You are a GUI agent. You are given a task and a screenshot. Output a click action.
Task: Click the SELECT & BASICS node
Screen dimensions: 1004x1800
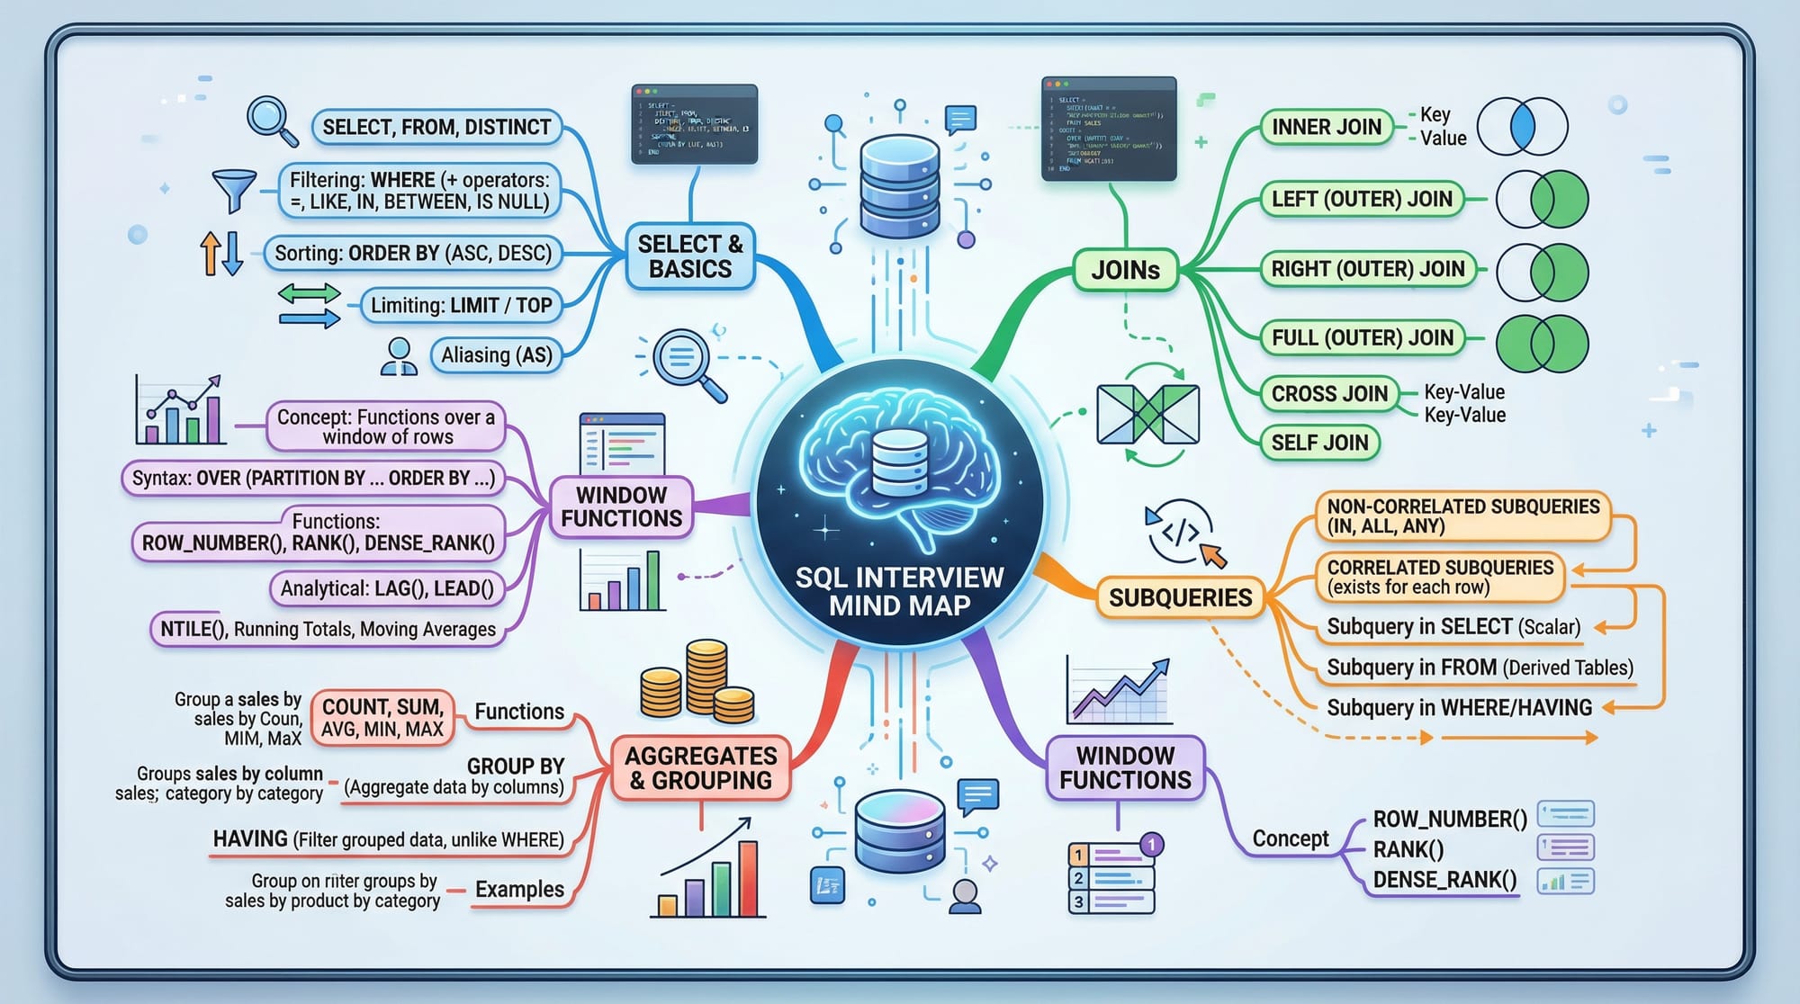coord(690,256)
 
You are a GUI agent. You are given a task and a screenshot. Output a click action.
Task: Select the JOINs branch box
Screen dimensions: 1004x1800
coord(1125,270)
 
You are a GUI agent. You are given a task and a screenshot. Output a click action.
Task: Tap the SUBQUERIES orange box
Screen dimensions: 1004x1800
coord(1180,597)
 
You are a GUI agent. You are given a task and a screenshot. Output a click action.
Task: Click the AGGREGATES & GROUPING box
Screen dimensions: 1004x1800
coord(701,768)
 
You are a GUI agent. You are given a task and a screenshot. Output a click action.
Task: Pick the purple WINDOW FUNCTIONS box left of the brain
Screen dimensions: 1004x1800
coord(621,507)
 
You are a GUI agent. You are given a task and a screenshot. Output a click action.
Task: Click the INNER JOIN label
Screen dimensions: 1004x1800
coord(1326,127)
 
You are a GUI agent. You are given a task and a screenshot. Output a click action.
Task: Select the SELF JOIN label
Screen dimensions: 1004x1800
coord(1319,443)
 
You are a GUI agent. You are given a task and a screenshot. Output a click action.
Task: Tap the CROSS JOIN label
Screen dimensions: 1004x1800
coord(1329,393)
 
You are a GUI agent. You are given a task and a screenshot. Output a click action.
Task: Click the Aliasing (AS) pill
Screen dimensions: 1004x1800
coord(496,355)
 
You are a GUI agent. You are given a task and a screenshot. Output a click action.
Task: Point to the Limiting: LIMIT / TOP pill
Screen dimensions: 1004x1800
coord(461,305)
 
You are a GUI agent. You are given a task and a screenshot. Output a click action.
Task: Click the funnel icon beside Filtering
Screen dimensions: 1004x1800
coord(234,191)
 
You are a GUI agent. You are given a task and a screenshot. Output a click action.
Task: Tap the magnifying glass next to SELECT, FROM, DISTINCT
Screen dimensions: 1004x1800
coord(272,121)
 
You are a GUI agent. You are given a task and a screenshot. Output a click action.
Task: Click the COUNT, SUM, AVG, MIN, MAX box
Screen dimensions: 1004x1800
coord(382,718)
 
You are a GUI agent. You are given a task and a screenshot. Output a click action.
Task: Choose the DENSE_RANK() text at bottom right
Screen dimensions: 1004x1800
coord(1444,879)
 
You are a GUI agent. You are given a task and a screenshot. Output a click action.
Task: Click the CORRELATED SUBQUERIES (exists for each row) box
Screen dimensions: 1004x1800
coord(1440,577)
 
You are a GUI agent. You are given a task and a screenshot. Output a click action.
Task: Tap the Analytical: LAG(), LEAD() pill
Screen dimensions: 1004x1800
coord(387,588)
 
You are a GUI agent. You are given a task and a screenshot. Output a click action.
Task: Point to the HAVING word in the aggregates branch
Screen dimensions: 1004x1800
coord(250,838)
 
